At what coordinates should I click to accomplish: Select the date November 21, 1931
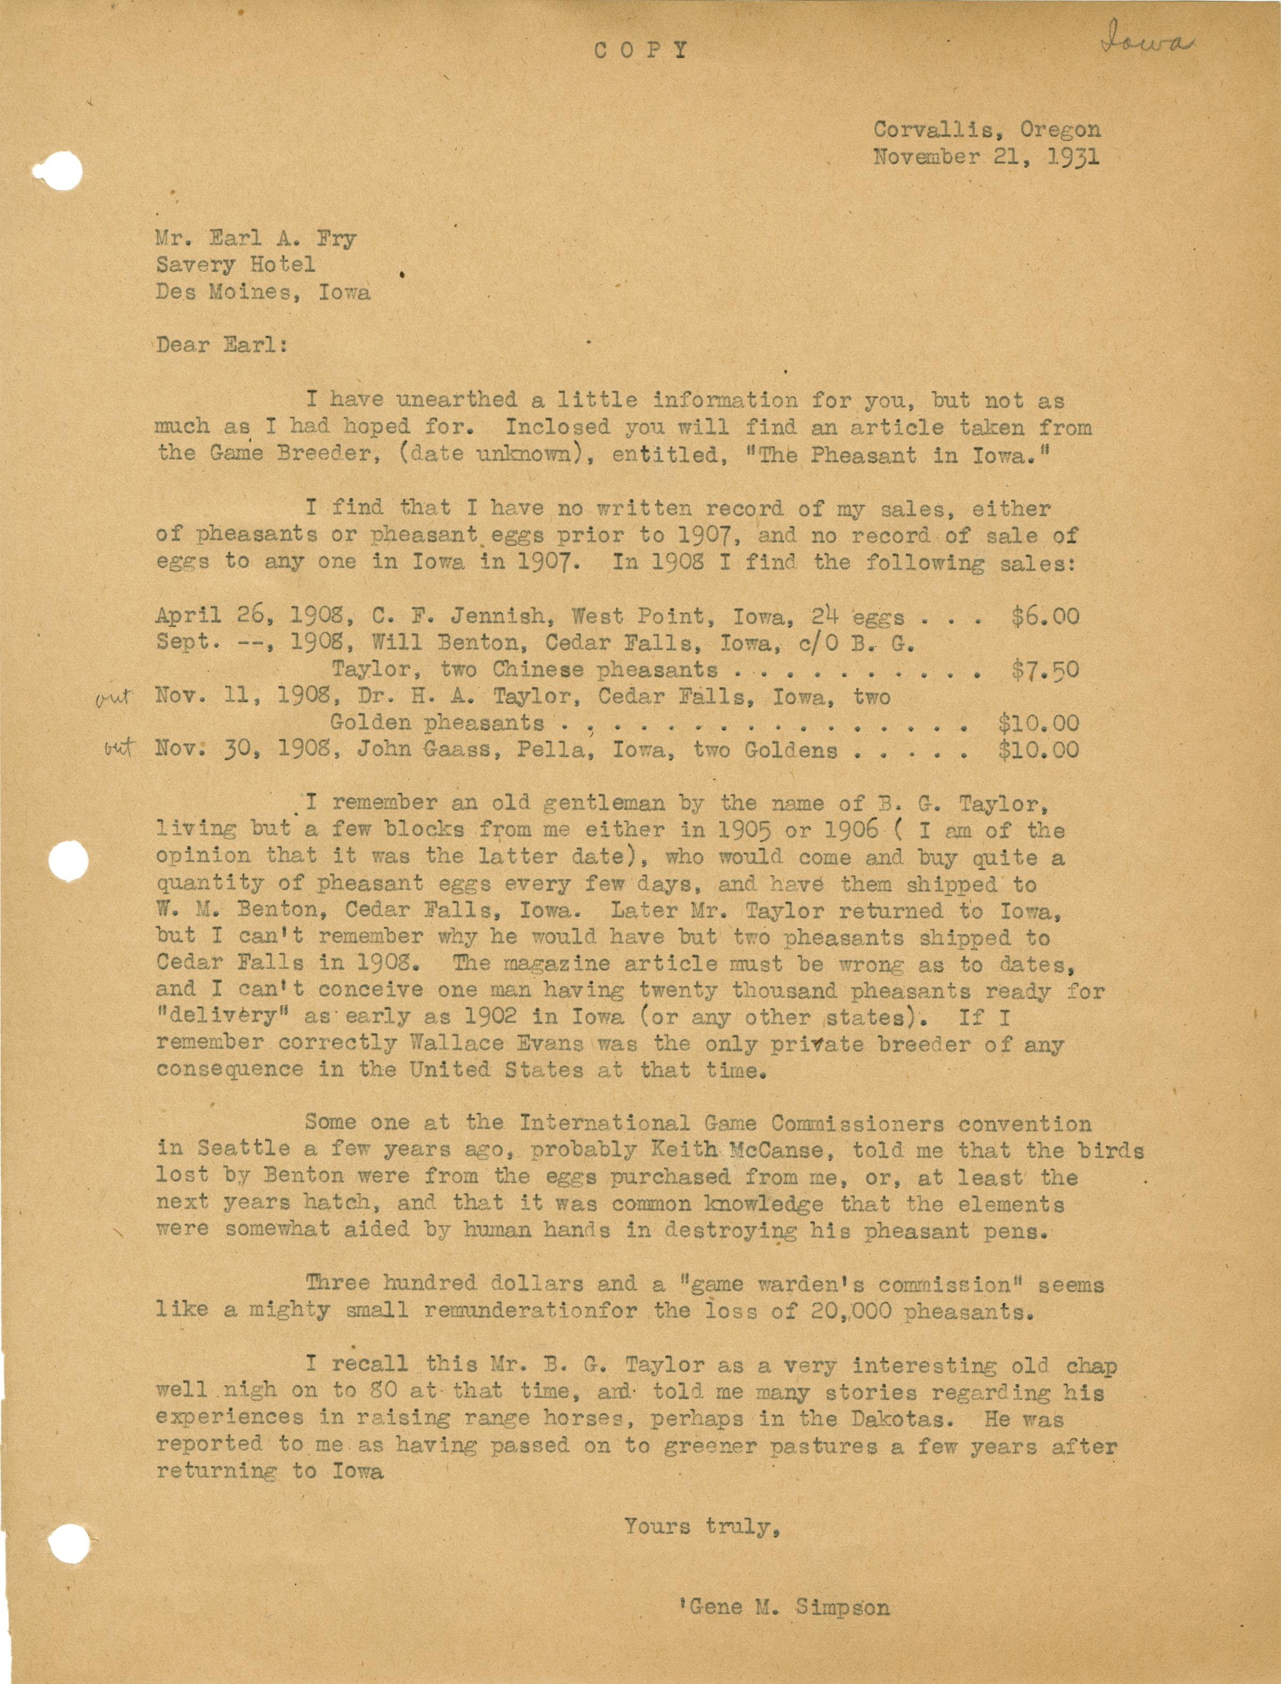[987, 157]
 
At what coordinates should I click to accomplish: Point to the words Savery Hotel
[236, 265]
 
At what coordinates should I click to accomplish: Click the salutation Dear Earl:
[221, 345]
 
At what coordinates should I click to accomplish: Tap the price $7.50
[1045, 670]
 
